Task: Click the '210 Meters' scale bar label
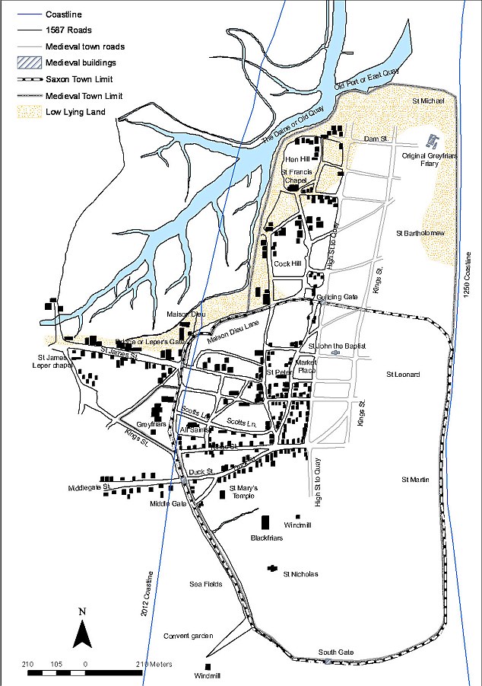coord(154,663)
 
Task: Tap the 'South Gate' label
coord(336,652)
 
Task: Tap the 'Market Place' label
coord(306,366)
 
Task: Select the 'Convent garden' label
coord(187,635)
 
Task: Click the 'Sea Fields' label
coord(205,583)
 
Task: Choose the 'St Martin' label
coord(415,479)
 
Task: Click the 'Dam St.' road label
coord(376,139)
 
